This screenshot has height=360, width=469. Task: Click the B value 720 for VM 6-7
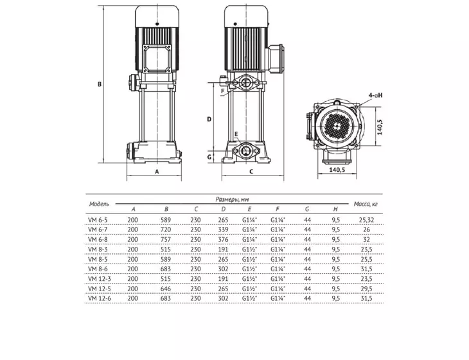(x=165, y=230)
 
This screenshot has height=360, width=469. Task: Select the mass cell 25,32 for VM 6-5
(x=366, y=221)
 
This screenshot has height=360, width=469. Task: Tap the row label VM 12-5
(x=100, y=289)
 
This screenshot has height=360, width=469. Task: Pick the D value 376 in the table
(x=223, y=240)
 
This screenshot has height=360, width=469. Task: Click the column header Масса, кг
(x=366, y=204)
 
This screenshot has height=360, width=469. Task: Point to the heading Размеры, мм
(x=232, y=199)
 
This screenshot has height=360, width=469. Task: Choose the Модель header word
(x=99, y=204)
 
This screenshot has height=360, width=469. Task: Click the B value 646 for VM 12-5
(x=165, y=289)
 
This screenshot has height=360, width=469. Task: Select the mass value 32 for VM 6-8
(x=366, y=240)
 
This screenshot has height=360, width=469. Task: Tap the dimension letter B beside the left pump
(x=100, y=84)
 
